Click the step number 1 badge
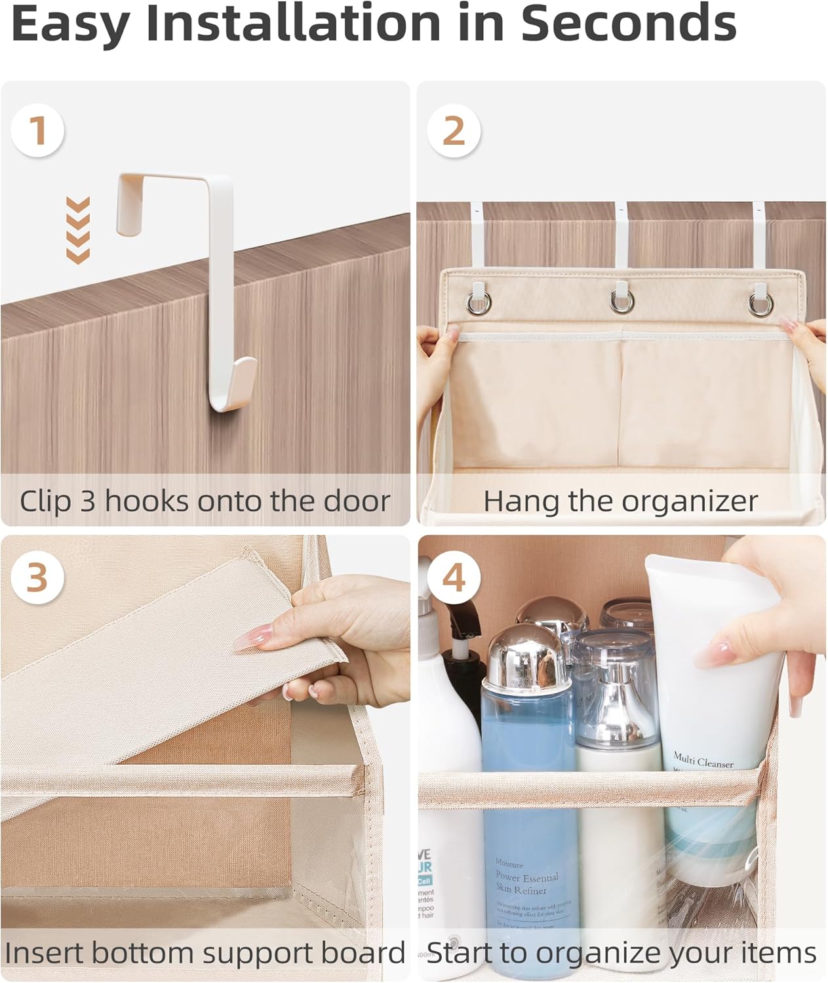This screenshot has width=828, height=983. (x=37, y=130)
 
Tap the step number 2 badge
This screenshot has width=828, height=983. (x=454, y=130)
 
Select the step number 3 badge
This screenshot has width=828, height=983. (x=37, y=577)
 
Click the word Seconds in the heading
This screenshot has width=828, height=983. (x=628, y=24)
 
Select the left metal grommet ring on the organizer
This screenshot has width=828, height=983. (x=478, y=302)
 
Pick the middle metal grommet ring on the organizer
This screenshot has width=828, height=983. (x=621, y=301)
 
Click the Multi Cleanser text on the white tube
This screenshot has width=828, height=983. (x=703, y=760)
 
